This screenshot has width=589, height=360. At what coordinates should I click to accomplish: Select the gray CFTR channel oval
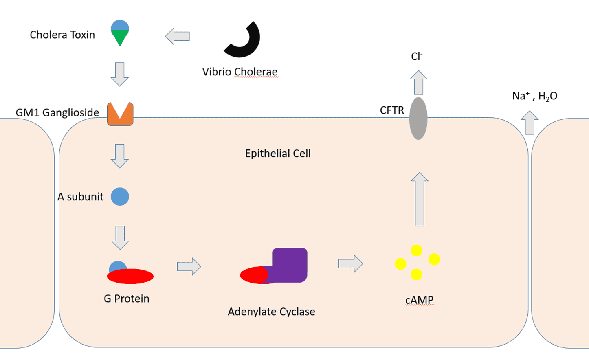coord(418,118)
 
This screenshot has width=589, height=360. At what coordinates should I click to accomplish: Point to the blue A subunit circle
coord(120,197)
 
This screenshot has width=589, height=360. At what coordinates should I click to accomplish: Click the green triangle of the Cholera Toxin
coord(120,37)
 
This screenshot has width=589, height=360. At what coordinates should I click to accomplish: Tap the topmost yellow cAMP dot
coord(416,250)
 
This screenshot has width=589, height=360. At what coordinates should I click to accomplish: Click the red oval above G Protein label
coord(130,277)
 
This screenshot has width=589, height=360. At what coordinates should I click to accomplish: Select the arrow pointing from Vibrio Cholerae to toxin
coord(178,36)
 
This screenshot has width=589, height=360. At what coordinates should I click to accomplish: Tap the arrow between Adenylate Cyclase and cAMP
coord(351,263)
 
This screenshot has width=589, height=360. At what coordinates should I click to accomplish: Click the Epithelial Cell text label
coord(278,154)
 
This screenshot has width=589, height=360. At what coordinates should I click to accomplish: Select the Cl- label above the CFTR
coord(417,57)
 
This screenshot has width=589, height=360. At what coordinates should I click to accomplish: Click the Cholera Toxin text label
coord(62,35)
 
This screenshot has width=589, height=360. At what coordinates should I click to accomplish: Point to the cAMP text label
coord(419,301)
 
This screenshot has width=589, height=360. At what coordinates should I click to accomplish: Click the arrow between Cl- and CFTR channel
coord(418,82)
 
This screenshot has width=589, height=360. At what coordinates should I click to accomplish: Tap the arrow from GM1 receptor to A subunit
coord(120,156)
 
